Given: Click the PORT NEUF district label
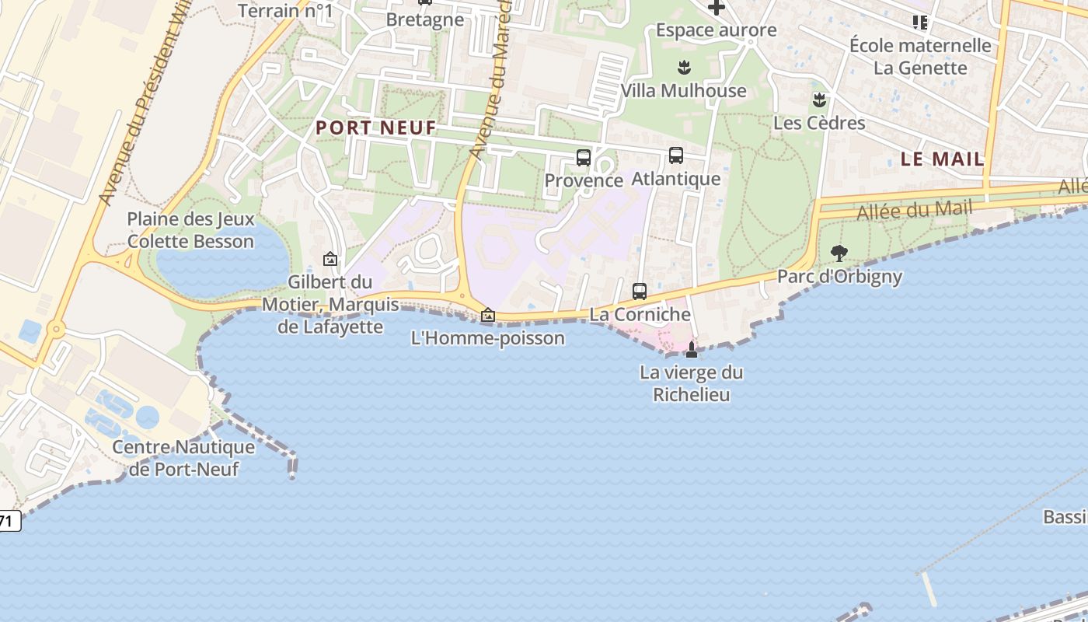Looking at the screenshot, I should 376,128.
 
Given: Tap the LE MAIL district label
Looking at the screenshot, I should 942,159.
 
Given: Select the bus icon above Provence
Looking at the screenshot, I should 583,158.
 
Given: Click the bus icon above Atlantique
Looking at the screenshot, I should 676,155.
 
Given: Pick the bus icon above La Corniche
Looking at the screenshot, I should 640,292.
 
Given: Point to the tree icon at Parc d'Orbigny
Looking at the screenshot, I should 839,253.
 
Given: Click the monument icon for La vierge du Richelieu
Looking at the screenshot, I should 691,350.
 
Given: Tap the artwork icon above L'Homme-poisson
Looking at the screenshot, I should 488,315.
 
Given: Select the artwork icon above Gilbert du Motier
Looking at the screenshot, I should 330,259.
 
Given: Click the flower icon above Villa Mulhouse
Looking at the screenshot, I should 684,68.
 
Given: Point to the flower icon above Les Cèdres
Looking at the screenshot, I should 818,100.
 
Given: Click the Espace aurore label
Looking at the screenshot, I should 716,30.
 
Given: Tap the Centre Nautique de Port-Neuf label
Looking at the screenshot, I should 183,458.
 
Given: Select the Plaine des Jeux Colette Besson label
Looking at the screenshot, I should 190,230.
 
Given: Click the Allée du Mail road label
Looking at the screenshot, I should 914,209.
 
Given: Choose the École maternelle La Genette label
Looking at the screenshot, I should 920,56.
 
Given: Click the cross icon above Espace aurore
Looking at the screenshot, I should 716,8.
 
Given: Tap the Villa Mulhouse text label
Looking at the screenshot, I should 683,91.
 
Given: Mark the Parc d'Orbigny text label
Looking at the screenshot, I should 839,277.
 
